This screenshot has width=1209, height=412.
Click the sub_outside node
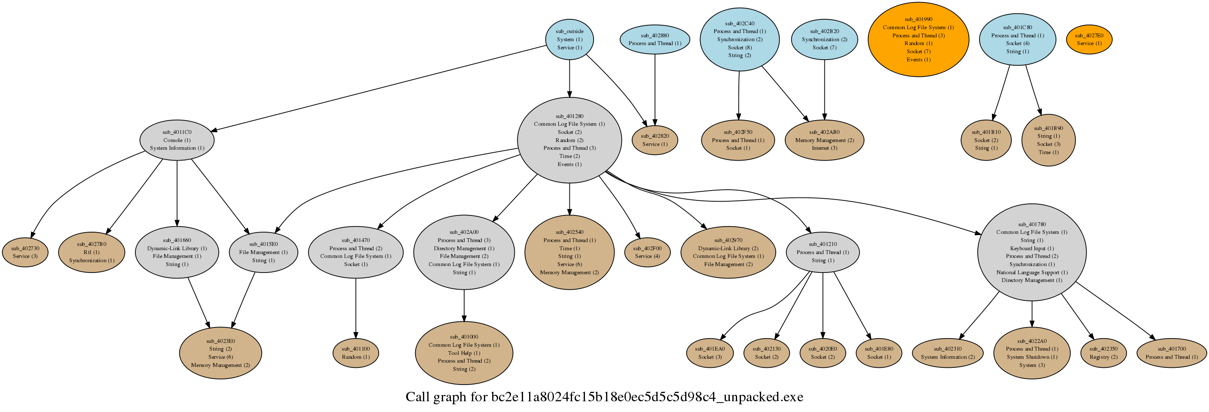pos(569,39)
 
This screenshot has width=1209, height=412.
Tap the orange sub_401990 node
pos(918,39)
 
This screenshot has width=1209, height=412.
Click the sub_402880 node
pos(655,39)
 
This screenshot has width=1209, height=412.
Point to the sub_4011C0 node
pos(177,140)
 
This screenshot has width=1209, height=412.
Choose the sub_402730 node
pos(25,252)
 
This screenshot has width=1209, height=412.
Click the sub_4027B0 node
pos(92,252)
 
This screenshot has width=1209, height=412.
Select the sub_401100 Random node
pos(356,353)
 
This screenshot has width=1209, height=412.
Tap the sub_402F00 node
pos(647,252)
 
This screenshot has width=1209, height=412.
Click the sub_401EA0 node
pos(710,353)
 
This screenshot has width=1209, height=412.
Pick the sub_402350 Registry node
pos(1103,353)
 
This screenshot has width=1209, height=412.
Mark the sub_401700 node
pos(1172,353)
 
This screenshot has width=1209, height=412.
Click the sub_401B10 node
pos(986,140)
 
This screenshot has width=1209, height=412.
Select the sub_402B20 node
pos(824,39)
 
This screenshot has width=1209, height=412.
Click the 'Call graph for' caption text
pos(604,397)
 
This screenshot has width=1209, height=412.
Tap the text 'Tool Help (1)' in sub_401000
pos(464,353)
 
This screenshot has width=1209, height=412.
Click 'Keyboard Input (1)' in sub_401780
pos(1031,248)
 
